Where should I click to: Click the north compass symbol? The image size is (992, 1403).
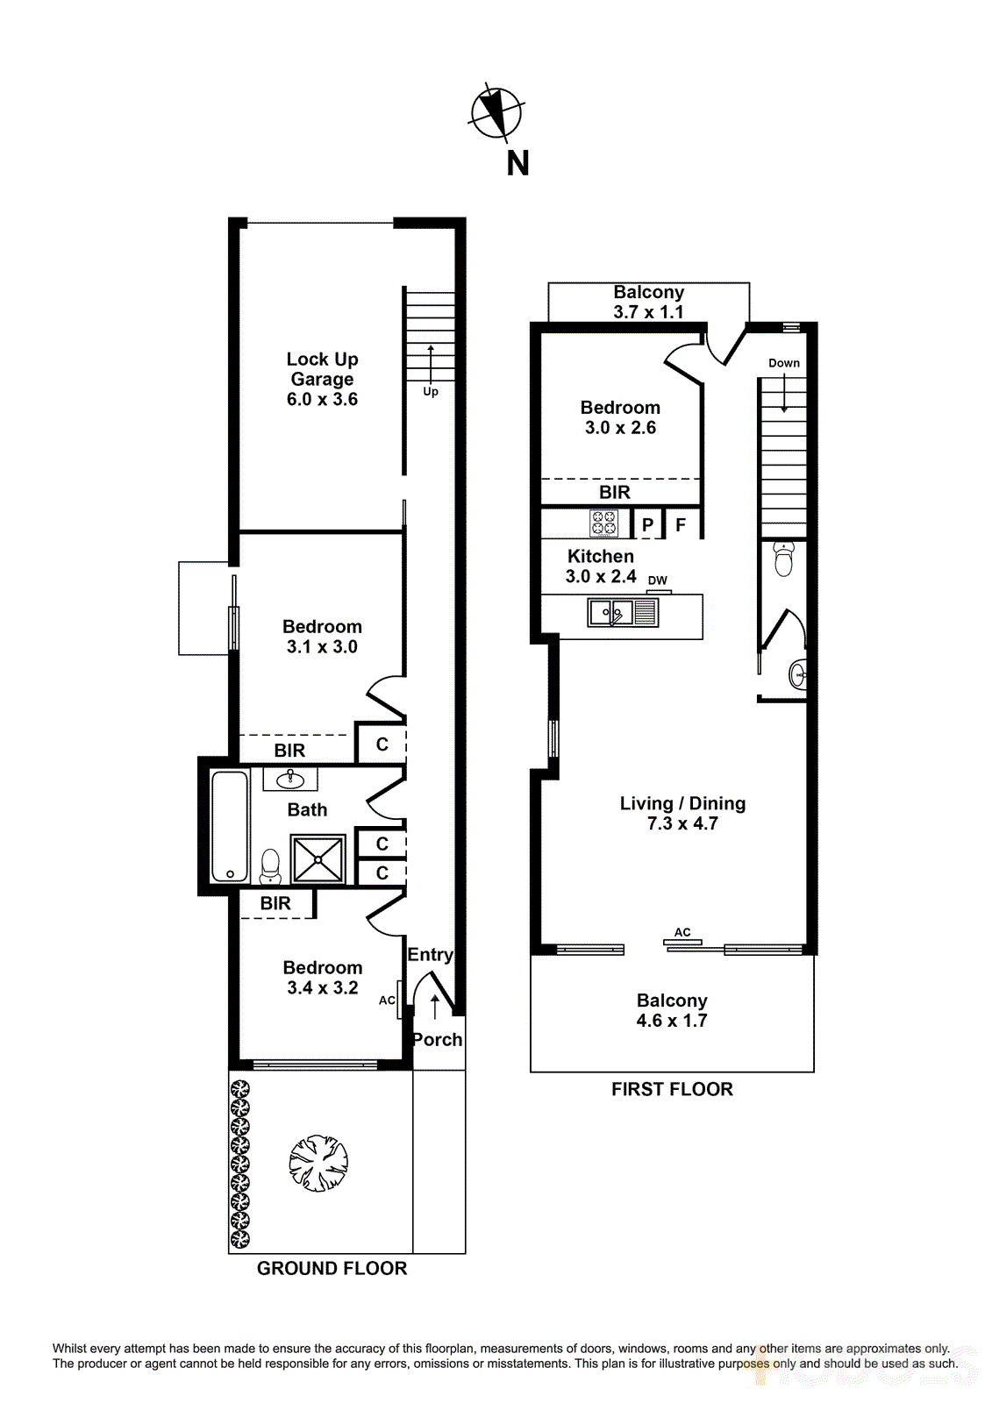tap(496, 113)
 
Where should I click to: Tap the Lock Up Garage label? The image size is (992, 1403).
tap(322, 369)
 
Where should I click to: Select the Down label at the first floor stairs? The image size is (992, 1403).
tap(783, 363)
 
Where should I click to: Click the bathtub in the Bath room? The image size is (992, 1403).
tap(230, 826)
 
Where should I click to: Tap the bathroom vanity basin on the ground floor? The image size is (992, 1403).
tap(290, 779)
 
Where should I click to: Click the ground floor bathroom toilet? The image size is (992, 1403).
tap(270, 866)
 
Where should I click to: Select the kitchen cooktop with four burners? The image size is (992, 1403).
tap(604, 523)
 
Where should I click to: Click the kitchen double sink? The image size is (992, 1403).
tap(611, 612)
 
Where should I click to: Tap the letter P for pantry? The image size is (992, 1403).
tap(647, 525)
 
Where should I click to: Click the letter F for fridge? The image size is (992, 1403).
tap(681, 525)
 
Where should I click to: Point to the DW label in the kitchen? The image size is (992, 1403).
tap(657, 580)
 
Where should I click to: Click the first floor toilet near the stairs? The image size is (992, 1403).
tap(784, 559)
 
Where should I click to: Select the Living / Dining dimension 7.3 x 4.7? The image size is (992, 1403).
tap(682, 824)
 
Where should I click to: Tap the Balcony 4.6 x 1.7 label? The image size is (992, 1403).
tap(672, 1010)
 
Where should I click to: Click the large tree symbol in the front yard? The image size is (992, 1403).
tap(319, 1164)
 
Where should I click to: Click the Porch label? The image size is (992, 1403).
tap(437, 1040)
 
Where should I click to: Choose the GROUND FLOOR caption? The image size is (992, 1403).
tap(332, 1269)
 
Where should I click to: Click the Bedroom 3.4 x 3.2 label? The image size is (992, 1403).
tap(322, 978)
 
